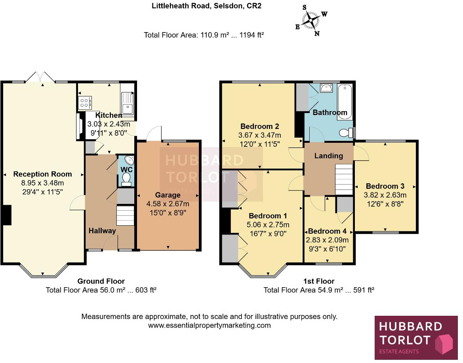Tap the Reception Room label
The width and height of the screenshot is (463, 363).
43,174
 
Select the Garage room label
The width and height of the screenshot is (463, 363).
168,195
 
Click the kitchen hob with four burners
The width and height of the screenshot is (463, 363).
85,103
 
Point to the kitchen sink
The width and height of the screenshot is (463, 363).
128,103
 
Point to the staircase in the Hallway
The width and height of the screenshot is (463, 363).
125,216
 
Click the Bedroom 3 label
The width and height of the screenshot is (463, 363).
385,186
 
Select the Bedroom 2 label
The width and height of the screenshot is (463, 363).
260,127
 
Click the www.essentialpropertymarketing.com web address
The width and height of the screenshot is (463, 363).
209,325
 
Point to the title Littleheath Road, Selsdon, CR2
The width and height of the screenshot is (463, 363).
206,6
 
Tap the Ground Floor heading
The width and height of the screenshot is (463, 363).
101,281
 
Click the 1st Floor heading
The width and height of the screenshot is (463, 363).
319,281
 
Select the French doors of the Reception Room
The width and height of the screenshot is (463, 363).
42,77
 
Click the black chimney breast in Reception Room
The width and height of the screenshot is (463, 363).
7,215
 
